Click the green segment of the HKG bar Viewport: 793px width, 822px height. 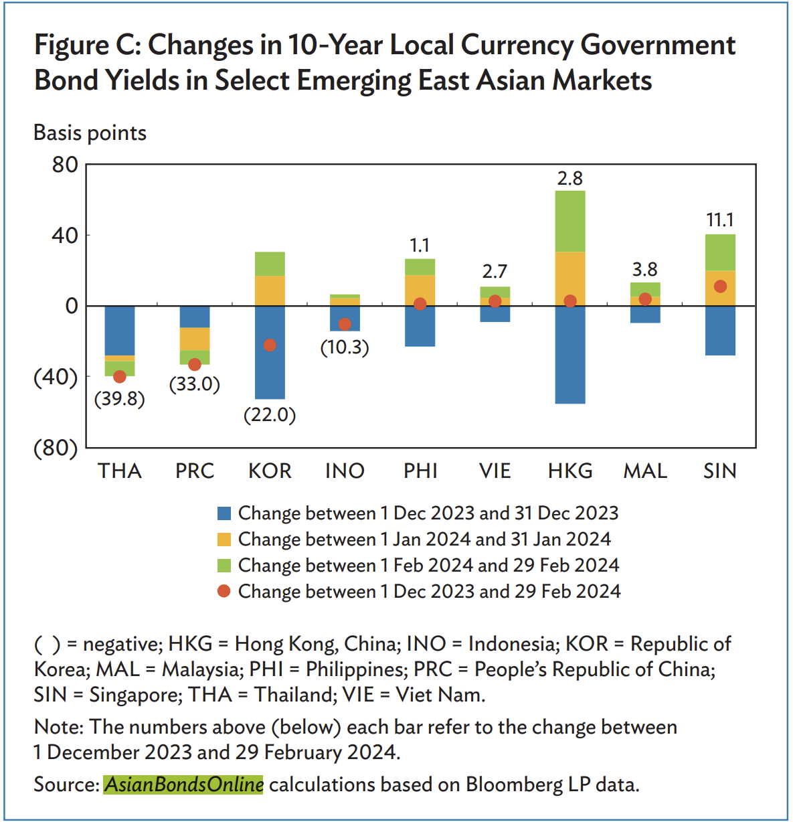pyautogui.click(x=570, y=221)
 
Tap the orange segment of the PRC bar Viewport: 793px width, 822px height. pyautogui.click(x=195, y=339)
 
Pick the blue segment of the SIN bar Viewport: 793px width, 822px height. pyautogui.click(x=720, y=330)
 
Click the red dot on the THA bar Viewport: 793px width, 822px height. pyautogui.click(x=120, y=377)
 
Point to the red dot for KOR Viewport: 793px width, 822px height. pyautogui.click(x=270, y=345)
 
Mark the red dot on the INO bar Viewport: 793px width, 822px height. pyautogui.click(x=345, y=324)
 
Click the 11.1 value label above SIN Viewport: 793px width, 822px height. pyautogui.click(x=720, y=220)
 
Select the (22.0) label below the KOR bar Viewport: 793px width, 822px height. pyautogui.click(x=270, y=415)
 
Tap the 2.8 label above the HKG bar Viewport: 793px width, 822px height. pyautogui.click(x=570, y=178)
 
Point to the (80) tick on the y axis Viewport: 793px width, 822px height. pyautogui.click(x=56, y=448)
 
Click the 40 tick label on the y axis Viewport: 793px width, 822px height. pyautogui.click(x=65, y=235)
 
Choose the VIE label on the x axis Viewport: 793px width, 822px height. pyautogui.click(x=495, y=471)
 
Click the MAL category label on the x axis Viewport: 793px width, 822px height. pyautogui.click(x=645, y=471)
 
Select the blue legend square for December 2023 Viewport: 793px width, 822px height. pyautogui.click(x=224, y=513)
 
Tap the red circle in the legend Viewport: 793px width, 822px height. pyautogui.click(x=224, y=591)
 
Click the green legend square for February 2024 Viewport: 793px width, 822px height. pyautogui.click(x=224, y=566)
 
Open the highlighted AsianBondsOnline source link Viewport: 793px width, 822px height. pyautogui.click(x=184, y=785)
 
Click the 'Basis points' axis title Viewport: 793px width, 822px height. pyautogui.click(x=90, y=133)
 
